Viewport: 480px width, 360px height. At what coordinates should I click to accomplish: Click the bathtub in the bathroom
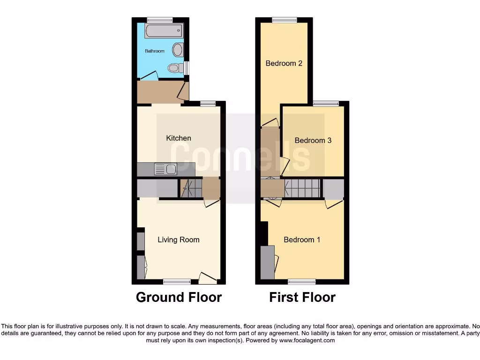[164, 32]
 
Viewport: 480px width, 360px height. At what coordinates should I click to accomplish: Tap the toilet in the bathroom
[175, 68]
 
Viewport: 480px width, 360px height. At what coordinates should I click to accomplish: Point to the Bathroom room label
[154, 51]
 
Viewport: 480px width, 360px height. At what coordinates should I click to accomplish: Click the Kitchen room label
[179, 138]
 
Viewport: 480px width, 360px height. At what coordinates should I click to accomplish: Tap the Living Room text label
[179, 240]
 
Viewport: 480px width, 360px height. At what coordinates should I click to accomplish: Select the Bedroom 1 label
[302, 240]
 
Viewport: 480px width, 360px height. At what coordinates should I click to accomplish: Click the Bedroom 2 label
[284, 63]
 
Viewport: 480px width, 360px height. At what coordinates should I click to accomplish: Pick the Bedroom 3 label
[313, 141]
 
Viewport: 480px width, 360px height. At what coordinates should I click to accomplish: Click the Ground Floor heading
[179, 297]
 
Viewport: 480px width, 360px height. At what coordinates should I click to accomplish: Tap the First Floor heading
[302, 297]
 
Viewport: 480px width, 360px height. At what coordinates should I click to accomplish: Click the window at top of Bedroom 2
[285, 20]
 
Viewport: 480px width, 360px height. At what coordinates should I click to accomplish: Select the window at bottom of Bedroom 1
[302, 282]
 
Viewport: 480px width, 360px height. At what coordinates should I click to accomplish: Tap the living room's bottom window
[177, 282]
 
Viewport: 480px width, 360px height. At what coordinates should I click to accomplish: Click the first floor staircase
[302, 188]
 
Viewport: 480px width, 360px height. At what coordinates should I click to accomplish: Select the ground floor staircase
[190, 188]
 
